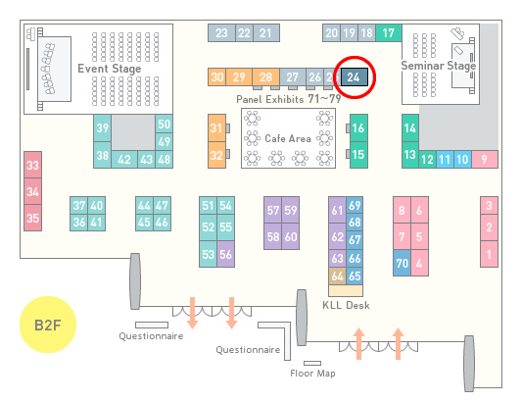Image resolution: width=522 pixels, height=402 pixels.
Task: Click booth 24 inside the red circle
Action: tap(355, 77)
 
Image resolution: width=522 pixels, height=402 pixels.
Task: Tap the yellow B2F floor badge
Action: tap(48, 325)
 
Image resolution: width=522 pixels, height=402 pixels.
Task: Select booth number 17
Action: tap(389, 32)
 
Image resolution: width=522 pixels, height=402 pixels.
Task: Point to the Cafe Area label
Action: tap(288, 138)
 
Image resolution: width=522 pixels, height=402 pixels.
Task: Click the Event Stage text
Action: tap(109, 69)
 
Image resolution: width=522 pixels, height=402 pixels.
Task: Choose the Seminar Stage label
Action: tap(439, 66)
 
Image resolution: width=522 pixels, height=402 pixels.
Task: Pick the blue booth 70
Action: tap(402, 263)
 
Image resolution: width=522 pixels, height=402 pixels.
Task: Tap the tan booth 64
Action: tap(337, 276)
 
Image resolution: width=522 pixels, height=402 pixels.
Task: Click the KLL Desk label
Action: tap(346, 305)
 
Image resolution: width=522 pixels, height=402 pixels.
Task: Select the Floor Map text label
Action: tap(312, 373)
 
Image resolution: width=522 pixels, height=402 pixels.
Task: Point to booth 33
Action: tap(32, 165)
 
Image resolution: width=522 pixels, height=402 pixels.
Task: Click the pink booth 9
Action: tap(485, 160)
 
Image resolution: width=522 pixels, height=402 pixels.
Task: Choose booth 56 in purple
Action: tap(225, 254)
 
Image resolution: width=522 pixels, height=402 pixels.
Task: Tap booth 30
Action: tap(217, 77)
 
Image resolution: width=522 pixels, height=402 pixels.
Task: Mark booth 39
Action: tap(102, 128)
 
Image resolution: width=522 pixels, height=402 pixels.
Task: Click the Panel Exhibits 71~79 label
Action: tap(289, 99)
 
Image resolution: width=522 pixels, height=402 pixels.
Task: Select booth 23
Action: tap(221, 32)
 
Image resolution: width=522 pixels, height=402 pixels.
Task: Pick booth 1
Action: tap(489, 254)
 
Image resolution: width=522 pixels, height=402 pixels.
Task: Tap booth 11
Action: tap(445, 160)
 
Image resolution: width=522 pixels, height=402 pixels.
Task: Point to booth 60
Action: tap(290, 236)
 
